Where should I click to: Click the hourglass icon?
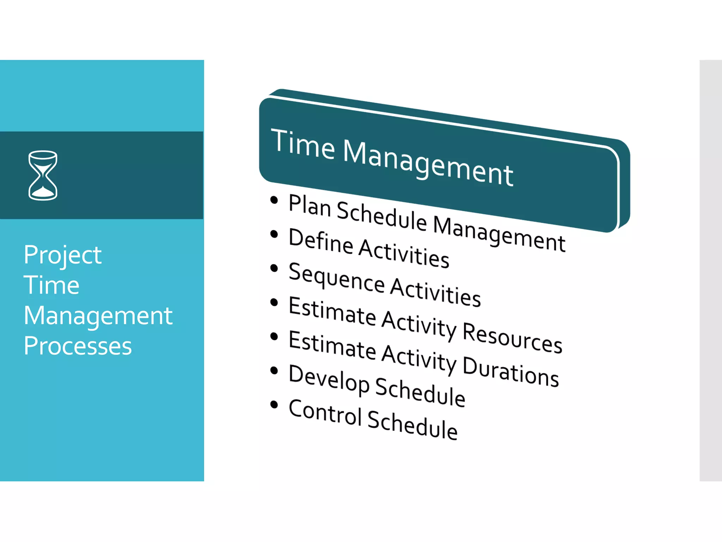pos(43,175)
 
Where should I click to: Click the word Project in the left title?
pos(63,255)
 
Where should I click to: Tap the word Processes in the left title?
pos(78,346)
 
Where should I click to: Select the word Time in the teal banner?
pos(303,144)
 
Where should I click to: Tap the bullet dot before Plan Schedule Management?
pos(274,200)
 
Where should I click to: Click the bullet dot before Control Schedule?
pos(274,404)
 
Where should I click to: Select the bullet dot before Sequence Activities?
pos(274,269)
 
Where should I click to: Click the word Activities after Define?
pos(404,253)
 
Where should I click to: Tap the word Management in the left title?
pos(98,316)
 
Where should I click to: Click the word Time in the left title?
pos(51,285)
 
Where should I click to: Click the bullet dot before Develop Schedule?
pos(274,371)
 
